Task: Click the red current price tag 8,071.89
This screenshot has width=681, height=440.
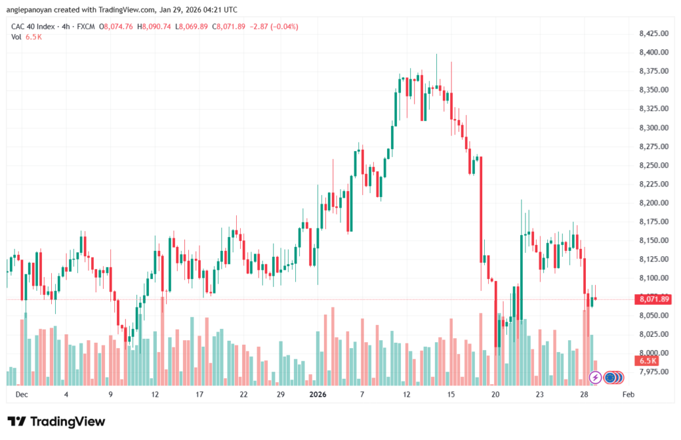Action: [654, 299]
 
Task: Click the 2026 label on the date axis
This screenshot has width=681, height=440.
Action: [318, 394]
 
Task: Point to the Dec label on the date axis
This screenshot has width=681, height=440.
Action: [21, 394]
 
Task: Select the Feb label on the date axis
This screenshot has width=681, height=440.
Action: [626, 394]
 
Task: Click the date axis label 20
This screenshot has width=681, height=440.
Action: [495, 394]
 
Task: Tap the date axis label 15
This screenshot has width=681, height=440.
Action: [451, 394]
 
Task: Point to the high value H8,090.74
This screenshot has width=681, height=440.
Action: [153, 27]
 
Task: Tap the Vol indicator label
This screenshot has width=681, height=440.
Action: [17, 37]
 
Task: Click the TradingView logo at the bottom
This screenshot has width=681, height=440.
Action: [57, 421]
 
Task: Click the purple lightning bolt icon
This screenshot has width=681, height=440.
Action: [596, 377]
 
